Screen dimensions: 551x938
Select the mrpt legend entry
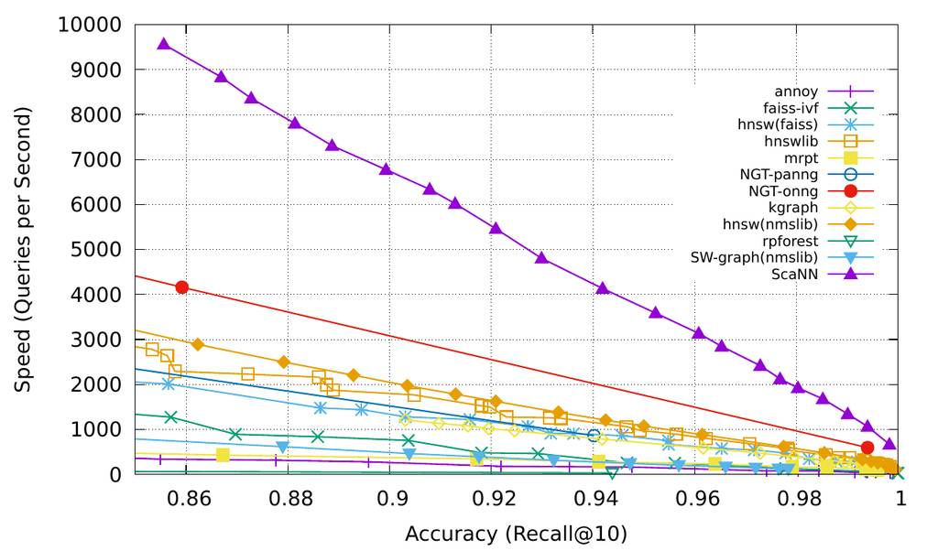(802, 157)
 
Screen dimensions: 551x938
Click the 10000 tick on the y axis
(90, 25)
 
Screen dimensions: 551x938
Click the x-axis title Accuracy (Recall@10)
(517, 533)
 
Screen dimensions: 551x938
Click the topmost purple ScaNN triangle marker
(164, 44)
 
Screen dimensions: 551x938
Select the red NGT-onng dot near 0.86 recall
(182, 287)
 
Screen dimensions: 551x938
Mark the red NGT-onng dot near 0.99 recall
(867, 448)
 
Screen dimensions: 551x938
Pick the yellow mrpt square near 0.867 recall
(223, 455)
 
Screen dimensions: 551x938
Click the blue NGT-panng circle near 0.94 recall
(594, 436)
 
